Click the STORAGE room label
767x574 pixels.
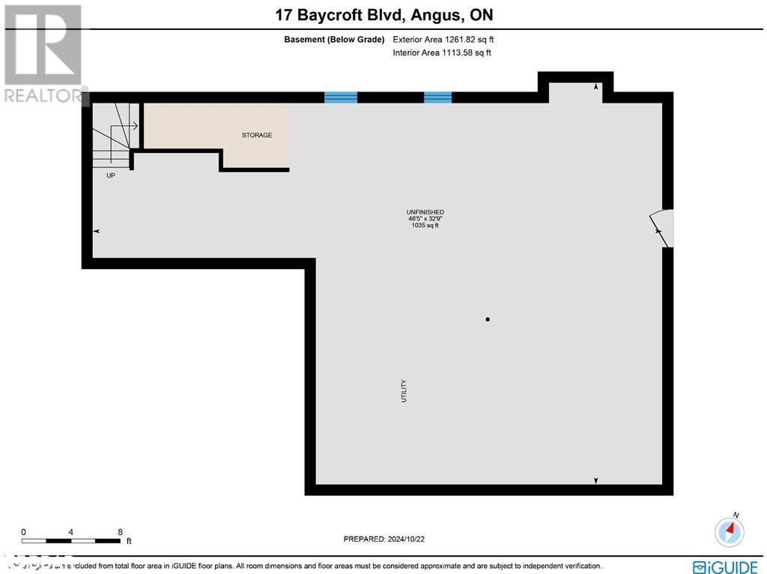click(256, 136)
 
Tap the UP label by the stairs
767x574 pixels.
click(111, 175)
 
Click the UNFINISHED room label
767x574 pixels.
click(425, 212)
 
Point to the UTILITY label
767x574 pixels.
click(404, 391)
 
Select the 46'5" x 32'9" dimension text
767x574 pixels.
click(425, 219)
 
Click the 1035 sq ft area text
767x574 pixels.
click(425, 226)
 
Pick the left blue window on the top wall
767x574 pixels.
click(341, 97)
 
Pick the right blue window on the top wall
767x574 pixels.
click(437, 97)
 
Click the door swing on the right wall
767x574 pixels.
click(662, 227)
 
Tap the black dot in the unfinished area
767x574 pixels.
click(488, 320)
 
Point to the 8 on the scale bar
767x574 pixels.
click(121, 532)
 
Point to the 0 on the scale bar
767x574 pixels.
click(23, 532)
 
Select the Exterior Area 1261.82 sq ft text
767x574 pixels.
click(442, 39)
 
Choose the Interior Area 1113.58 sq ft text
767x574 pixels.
click(442, 52)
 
